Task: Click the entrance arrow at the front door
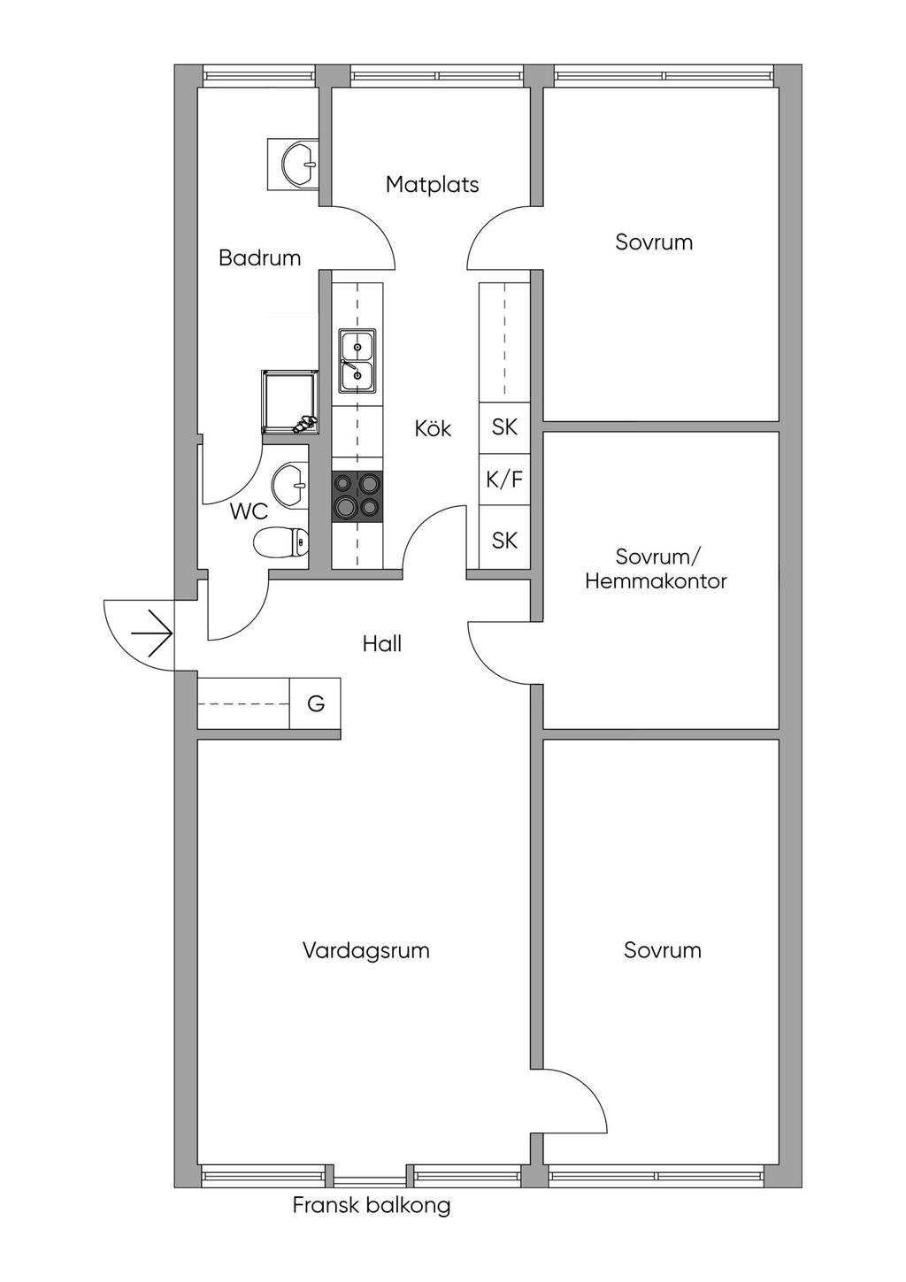150,633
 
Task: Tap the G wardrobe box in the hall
315,703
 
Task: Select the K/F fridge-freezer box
504,480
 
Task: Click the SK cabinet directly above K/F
504,426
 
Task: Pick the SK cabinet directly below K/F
504,540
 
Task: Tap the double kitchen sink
357,361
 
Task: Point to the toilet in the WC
281,541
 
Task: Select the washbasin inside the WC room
289,485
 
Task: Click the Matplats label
432,185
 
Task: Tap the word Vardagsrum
365,951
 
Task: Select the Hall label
382,644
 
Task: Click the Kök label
433,429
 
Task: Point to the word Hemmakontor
656,581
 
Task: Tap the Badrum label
259,258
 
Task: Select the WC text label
249,512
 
